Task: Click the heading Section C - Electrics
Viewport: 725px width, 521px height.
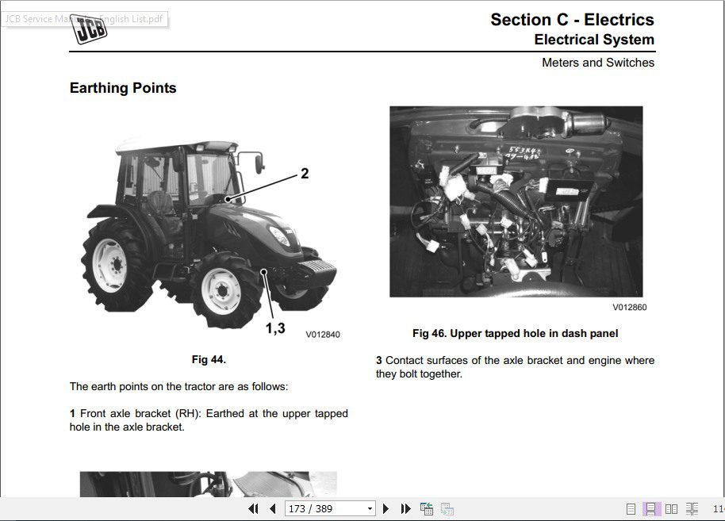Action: pos(572,20)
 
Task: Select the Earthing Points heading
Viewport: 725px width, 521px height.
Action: pos(123,88)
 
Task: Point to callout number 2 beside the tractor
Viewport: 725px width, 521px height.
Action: pos(305,174)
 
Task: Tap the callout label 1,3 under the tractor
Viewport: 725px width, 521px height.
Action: pos(275,328)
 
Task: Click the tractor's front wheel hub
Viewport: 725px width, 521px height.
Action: pos(221,290)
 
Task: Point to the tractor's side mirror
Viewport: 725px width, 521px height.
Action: pos(259,162)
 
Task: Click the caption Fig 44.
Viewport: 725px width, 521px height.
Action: pos(209,359)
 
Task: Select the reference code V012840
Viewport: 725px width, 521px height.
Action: pos(323,335)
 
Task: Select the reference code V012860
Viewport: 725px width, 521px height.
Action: pos(630,307)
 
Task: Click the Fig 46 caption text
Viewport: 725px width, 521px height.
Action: pos(515,333)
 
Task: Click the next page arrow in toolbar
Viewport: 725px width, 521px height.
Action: pos(386,508)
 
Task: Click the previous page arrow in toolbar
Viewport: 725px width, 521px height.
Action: pos(273,508)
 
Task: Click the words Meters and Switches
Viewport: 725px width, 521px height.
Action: pos(598,62)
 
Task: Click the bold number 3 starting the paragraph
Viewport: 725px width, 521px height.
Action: pos(379,360)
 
